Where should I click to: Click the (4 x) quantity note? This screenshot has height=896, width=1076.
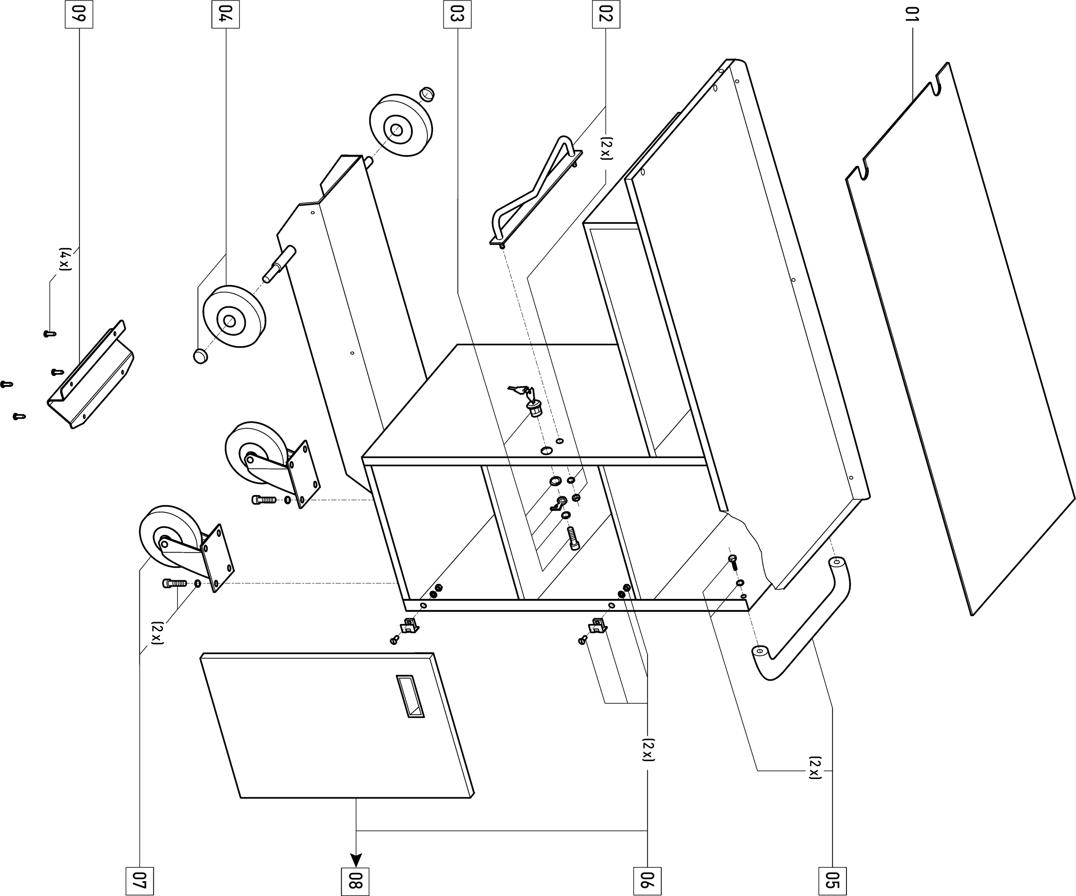click(65, 260)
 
